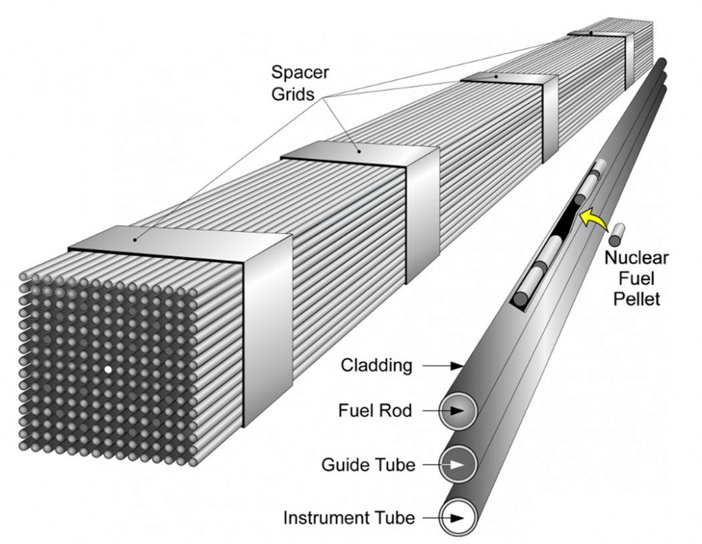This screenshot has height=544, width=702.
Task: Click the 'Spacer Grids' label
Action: tap(300, 82)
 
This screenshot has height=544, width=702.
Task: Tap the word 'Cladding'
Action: tap(377, 366)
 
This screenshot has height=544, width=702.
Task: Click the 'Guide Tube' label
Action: tap(368, 464)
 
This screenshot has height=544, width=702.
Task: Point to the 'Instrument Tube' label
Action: tap(349, 517)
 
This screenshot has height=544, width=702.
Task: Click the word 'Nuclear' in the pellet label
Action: tap(636, 259)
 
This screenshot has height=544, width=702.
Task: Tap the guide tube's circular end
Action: tap(459, 464)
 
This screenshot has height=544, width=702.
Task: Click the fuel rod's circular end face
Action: tap(459, 412)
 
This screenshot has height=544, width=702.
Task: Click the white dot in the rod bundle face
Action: tap(108, 369)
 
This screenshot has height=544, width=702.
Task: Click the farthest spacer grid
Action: tap(603, 34)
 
